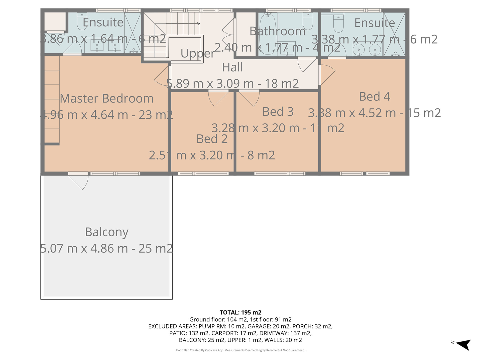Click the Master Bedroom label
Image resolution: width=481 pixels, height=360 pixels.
coord(107,98)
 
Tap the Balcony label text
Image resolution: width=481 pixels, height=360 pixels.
coord(107,232)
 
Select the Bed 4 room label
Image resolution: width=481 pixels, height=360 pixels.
coord(375,96)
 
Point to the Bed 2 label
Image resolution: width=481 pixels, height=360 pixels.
coord(212,139)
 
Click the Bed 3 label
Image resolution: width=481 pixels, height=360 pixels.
coord(278,112)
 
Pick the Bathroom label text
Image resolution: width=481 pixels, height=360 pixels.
coord(278,31)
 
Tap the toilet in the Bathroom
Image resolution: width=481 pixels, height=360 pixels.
coord(308,21)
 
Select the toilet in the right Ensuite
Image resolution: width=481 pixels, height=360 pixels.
coord(338,23)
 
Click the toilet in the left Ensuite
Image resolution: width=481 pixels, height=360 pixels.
coord(82,21)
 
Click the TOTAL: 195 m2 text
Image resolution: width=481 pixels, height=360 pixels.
coord(241,312)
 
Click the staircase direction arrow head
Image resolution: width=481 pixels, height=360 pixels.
coord(199,24)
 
